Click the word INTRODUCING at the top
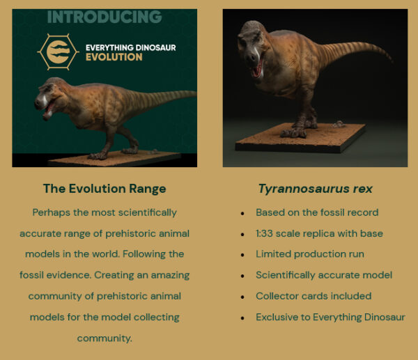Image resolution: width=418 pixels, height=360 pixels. (x=104, y=17)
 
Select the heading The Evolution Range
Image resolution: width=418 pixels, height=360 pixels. (x=104, y=189)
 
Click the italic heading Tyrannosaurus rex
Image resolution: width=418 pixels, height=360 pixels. (x=315, y=189)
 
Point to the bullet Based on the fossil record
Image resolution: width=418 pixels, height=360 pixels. (x=317, y=212)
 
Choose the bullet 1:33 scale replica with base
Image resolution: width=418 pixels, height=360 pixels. (x=319, y=233)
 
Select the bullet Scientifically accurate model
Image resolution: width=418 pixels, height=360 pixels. (x=324, y=275)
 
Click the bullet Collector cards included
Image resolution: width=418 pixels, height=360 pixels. (x=313, y=296)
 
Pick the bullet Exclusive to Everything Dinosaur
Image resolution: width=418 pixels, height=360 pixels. (x=330, y=317)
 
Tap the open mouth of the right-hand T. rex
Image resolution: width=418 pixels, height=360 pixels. (x=258, y=68)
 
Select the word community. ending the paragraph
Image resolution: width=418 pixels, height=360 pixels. (x=104, y=338)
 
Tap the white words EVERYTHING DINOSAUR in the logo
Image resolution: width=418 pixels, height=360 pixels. (x=130, y=47)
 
